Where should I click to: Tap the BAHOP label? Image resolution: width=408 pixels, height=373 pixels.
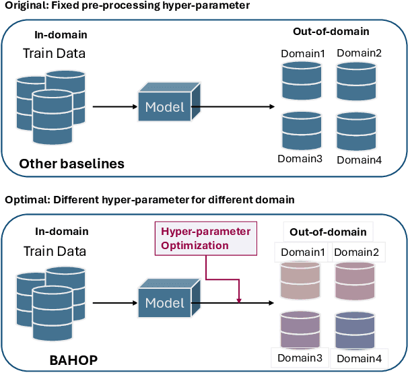pos(73,360)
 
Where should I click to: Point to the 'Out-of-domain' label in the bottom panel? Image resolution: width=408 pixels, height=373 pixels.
pos(328,232)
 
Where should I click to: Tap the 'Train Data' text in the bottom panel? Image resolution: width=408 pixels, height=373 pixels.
pos(55,252)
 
